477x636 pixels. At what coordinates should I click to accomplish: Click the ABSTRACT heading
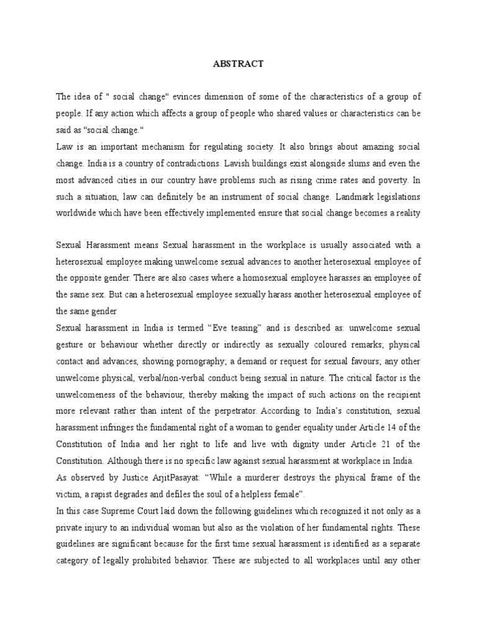238,63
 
